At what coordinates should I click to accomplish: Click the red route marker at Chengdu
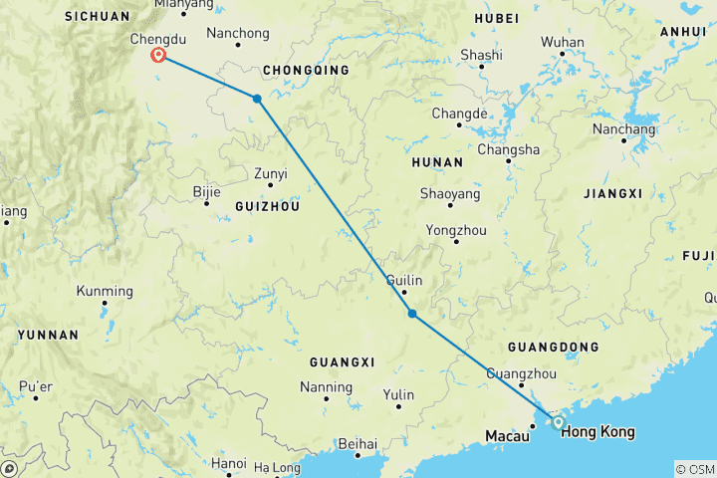coord(158,55)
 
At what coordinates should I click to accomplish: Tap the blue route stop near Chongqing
coord(257,99)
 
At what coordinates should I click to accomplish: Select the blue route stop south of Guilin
coord(412,315)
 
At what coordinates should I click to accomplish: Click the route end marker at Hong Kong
coord(559,423)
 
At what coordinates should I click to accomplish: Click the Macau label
coord(507,436)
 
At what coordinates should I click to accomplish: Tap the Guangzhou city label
coord(520,372)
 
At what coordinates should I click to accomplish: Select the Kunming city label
coord(104,291)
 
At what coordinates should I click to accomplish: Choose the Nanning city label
coord(327,386)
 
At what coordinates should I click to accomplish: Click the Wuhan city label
coord(562,42)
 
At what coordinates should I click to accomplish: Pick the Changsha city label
coord(508,149)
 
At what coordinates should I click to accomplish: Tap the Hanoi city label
coord(229,463)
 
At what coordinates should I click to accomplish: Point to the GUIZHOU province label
coord(266,205)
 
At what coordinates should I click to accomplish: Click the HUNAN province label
coord(436,161)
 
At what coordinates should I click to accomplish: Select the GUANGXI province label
coord(342,360)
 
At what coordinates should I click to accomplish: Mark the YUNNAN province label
coord(47,335)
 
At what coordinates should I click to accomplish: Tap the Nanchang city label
coord(623,129)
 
